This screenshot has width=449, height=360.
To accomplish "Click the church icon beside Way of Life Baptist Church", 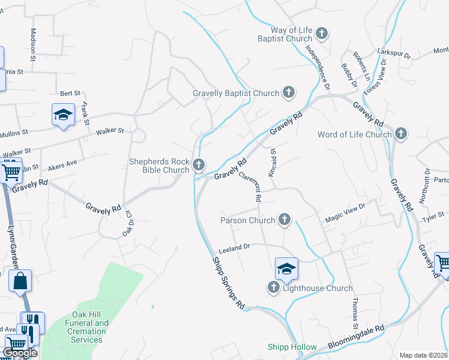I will (322, 34).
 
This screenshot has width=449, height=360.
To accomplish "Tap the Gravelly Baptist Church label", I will (236, 93).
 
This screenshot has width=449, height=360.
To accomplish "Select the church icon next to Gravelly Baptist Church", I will (289, 92).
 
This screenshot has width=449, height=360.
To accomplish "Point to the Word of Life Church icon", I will (400, 134).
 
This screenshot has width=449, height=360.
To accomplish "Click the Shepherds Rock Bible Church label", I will (159, 166).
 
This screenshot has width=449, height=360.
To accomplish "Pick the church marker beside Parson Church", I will (284, 220).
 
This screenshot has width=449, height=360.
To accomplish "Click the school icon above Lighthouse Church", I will (287, 269).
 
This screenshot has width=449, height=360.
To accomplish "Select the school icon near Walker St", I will (62, 115).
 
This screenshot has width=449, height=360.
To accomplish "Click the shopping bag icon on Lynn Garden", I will (20, 281).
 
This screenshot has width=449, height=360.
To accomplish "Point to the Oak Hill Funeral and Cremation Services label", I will (86, 331).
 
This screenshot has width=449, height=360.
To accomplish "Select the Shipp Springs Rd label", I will (228, 283).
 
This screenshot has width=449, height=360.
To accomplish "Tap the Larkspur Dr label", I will (393, 53).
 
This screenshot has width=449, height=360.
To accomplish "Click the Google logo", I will (20, 353).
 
